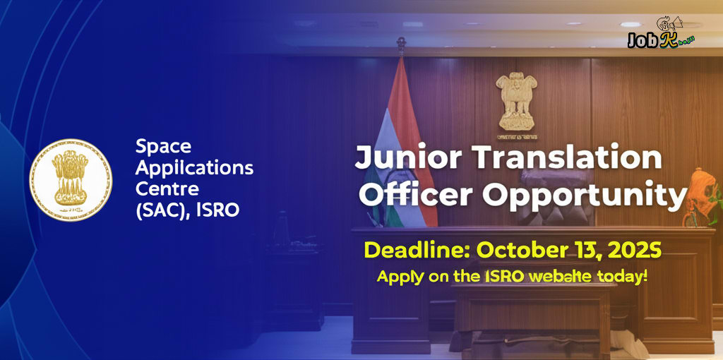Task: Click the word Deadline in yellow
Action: (x=416, y=250)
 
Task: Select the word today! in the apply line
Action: (x=622, y=276)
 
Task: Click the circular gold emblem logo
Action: (x=71, y=179)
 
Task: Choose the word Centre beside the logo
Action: (x=167, y=189)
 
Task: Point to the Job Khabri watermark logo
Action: (x=662, y=37)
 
